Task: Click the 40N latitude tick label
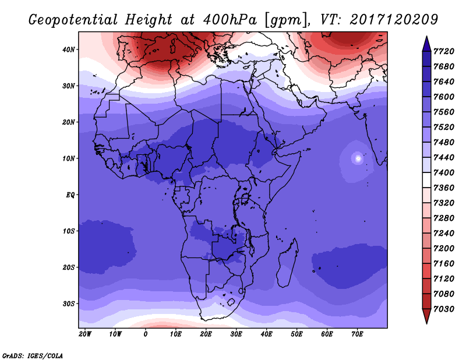click(x=69, y=50)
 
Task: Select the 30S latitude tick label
click(x=69, y=303)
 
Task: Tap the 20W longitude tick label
click(x=85, y=334)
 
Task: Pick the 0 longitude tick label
click(x=146, y=334)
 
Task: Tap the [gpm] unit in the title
click(x=285, y=20)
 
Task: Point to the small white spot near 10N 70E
click(x=358, y=158)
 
